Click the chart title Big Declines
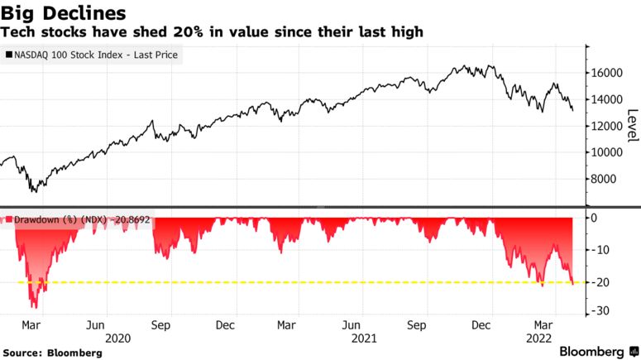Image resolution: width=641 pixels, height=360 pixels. (x=64, y=13)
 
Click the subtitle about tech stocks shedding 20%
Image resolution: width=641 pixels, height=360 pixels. (x=213, y=32)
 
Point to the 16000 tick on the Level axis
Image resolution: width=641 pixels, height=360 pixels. (x=606, y=73)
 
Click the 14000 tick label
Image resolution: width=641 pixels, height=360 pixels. (x=606, y=99)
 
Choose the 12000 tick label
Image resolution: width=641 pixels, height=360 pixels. (x=606, y=126)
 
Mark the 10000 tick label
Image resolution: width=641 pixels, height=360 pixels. (x=606, y=152)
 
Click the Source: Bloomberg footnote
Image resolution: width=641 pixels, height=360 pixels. (x=53, y=353)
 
